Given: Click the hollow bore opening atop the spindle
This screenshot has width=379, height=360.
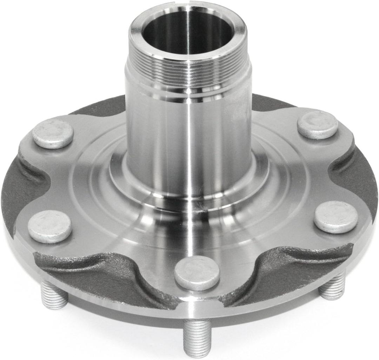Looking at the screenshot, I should [x=188, y=32].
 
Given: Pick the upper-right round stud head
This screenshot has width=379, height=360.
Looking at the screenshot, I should [x=318, y=125].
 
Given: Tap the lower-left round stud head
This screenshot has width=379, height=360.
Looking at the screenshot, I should [x=50, y=227].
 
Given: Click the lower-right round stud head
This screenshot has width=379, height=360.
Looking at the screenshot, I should [x=335, y=217].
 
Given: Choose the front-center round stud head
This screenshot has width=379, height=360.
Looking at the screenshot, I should [x=197, y=273].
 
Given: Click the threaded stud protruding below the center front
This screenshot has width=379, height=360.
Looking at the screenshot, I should [x=197, y=337].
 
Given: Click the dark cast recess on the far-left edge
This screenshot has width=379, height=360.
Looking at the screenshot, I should [x=21, y=190].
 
